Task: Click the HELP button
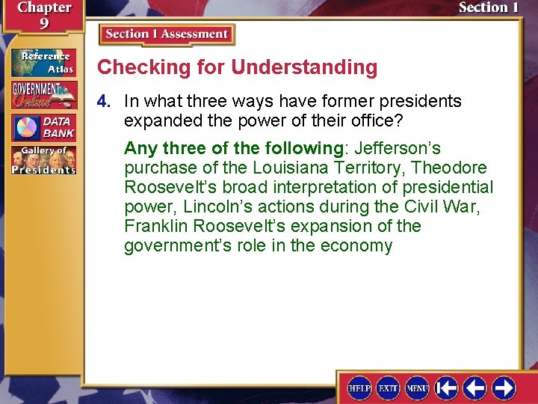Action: [359, 388]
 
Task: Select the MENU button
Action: [417, 388]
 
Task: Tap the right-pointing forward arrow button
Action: [504, 388]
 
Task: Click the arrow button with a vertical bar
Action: [447, 388]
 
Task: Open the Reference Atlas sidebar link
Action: [43, 63]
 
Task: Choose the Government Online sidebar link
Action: [43, 95]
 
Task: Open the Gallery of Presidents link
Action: [43, 160]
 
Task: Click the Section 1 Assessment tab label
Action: [167, 34]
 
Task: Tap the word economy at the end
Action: [355, 246]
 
